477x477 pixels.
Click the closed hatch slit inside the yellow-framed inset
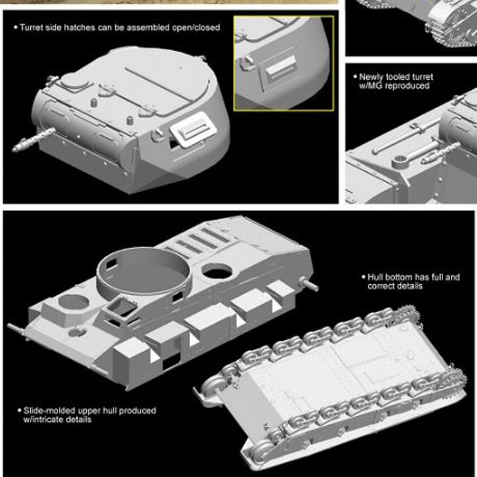281,71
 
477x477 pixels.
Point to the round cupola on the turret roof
75,80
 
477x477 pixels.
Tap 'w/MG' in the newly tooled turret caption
370,86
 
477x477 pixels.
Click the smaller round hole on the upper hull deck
217,271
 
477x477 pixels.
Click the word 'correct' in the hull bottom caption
381,286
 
